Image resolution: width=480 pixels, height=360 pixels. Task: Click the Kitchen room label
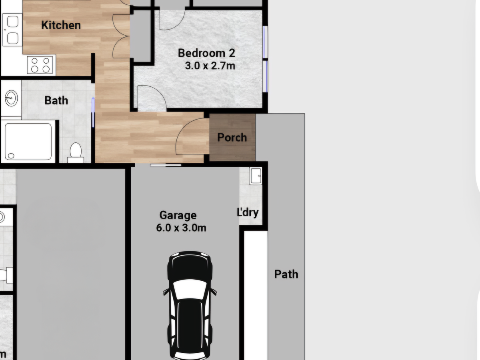tap(61, 25)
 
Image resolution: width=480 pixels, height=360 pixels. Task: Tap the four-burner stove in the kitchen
tap(40, 65)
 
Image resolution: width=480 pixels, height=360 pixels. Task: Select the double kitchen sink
tap(12, 30)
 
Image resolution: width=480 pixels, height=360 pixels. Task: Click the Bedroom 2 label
tap(206, 53)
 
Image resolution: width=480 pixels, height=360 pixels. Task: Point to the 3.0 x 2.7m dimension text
tap(210, 66)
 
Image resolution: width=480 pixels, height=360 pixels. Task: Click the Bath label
tap(56, 100)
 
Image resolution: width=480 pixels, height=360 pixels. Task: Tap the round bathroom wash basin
tap(11, 98)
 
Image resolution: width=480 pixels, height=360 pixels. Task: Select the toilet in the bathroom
tap(76, 153)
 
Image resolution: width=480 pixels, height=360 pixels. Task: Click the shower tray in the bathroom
tap(28, 142)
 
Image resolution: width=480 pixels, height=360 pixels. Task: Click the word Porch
tap(232, 138)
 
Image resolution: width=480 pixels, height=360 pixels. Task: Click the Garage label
tap(178, 215)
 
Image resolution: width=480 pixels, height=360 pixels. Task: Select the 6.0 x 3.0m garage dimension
tap(181, 228)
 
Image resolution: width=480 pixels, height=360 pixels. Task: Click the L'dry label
tap(248, 212)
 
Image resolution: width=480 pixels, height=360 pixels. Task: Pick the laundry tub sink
tap(256, 176)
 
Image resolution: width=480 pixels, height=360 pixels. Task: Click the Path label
tap(286, 274)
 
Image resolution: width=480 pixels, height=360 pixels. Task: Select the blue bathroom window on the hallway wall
tap(93, 112)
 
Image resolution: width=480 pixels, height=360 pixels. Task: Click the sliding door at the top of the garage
tap(166, 165)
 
